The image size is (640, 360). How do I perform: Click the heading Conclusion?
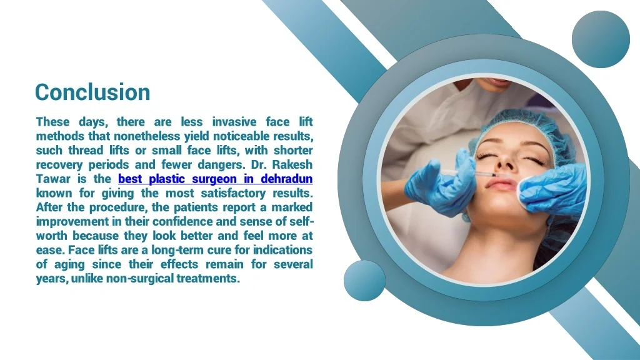pos(92,92)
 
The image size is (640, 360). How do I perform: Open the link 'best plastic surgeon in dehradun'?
pos(215,179)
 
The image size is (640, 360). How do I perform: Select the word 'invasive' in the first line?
pos(234,122)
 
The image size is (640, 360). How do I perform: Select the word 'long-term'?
pos(178,251)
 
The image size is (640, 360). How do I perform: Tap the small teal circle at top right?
pos(601,39)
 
